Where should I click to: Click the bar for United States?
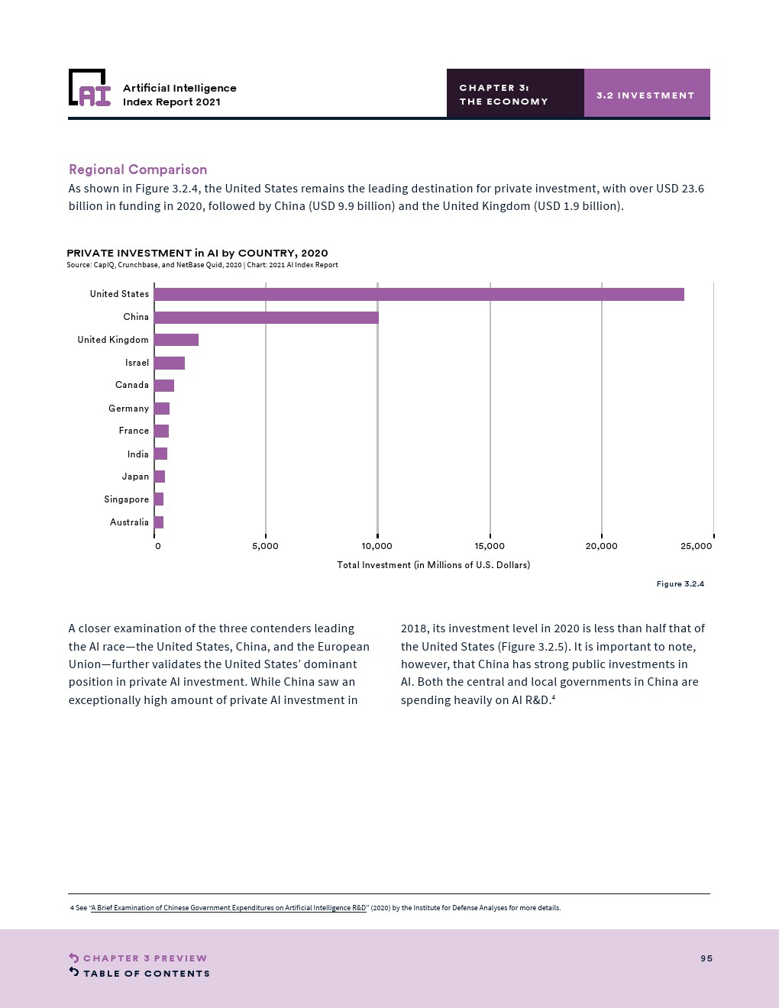(x=419, y=294)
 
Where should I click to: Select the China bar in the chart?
(x=267, y=317)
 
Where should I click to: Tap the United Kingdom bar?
(x=176, y=340)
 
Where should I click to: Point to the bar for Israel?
(x=170, y=363)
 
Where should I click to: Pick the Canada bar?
(x=164, y=386)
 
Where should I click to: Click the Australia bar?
(x=159, y=522)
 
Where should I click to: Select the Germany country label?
(x=128, y=409)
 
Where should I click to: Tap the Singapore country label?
(x=126, y=499)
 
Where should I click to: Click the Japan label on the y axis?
(x=135, y=477)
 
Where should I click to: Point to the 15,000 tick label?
(x=490, y=546)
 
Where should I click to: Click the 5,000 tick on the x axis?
(x=265, y=546)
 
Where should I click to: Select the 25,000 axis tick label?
(x=696, y=546)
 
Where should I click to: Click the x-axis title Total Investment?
(x=433, y=565)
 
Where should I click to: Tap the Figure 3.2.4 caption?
(x=680, y=583)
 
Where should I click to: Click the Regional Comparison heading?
(x=137, y=170)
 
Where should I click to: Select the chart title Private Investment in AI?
(x=197, y=253)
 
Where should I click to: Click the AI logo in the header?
(x=89, y=87)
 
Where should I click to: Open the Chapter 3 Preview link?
(x=137, y=958)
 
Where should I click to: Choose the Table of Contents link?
(x=139, y=973)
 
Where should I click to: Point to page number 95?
(x=706, y=958)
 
